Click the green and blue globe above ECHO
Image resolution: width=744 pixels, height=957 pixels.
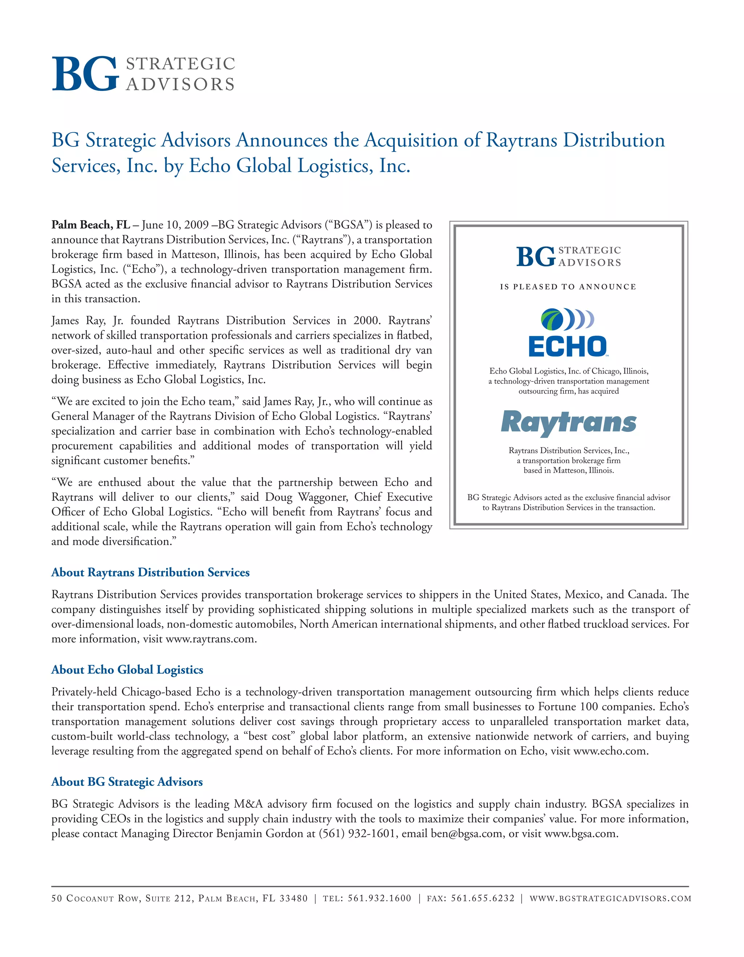coord(552,319)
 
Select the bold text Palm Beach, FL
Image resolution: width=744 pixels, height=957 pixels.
coord(91,225)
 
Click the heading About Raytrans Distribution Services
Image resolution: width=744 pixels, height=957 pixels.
coord(150,572)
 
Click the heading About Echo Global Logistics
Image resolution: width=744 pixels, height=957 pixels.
coord(127,670)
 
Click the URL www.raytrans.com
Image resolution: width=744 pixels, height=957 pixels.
coord(210,639)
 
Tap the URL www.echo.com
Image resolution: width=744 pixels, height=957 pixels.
coord(610,751)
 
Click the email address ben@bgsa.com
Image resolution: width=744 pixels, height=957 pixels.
coord(466,833)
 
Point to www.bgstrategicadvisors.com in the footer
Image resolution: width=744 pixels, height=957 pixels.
coord(610,898)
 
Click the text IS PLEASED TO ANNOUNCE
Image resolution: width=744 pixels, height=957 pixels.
coord(568,286)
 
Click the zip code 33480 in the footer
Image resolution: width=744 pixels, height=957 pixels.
coord(294,898)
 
